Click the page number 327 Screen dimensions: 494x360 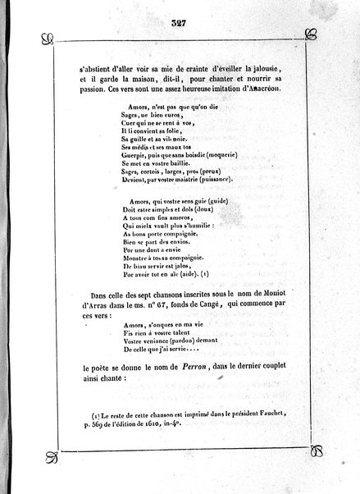point(178,22)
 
